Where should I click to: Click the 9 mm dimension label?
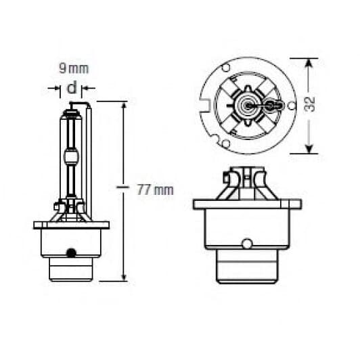74,69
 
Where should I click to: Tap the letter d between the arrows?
72,88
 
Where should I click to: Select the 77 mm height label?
155,189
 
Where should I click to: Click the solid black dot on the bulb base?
70,252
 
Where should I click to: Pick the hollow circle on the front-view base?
247,243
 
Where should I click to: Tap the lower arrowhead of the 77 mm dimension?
123,275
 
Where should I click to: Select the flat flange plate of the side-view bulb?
70,225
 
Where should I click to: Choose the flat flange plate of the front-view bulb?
246,204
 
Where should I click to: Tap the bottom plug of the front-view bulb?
246,271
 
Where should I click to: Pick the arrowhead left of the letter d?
57,88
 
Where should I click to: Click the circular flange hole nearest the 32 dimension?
291,106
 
